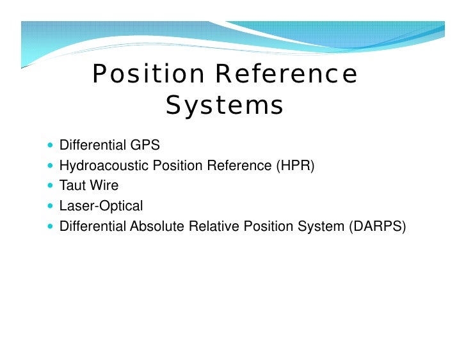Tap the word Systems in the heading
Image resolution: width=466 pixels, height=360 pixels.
pyautogui.click(x=224, y=106)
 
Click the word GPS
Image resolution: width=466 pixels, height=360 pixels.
pyautogui.click(x=145, y=145)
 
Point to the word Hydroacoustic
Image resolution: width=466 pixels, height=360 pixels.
pyautogui.click(x=104, y=166)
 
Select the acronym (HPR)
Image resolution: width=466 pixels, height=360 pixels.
pyautogui.click(x=295, y=166)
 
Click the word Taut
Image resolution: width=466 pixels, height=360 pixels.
pyautogui.click(x=73, y=185)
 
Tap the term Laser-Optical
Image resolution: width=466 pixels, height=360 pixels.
pyautogui.click(x=101, y=206)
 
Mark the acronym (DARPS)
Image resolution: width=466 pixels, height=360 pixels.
pyautogui.click(x=378, y=226)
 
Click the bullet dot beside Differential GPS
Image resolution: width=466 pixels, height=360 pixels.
pyautogui.click(x=51, y=145)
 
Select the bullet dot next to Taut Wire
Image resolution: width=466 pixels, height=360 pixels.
pyautogui.click(x=51, y=185)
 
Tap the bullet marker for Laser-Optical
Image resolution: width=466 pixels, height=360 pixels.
pyautogui.click(x=51, y=206)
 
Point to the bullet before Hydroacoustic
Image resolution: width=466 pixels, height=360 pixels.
pyautogui.click(x=51, y=166)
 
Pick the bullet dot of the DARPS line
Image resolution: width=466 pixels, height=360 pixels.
pyautogui.click(x=51, y=226)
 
